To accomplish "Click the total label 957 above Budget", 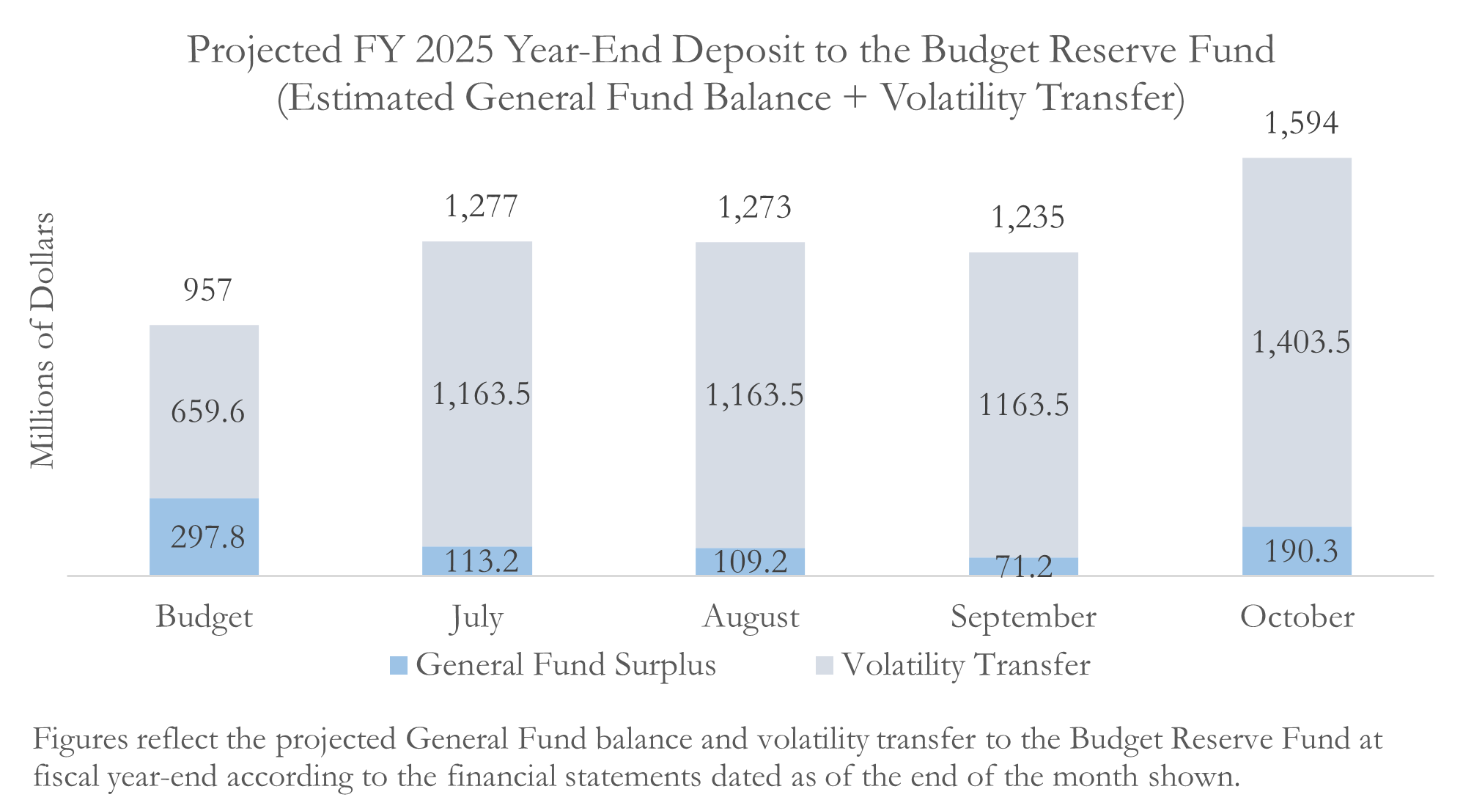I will tap(207, 290).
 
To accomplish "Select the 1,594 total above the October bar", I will tap(1301, 123).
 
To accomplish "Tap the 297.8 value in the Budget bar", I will tap(207, 537).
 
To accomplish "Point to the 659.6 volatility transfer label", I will tap(207, 411).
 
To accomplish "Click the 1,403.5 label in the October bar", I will tap(1300, 342).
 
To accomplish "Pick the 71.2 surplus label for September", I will tap(1023, 566).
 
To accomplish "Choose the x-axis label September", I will tap(1023, 617).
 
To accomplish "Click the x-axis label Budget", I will tap(204, 617).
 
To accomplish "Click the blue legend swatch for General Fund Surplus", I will tap(398, 665).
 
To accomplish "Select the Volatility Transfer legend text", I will tap(965, 665).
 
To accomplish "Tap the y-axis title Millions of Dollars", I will tap(43, 340).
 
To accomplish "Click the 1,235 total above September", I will tap(1028, 218).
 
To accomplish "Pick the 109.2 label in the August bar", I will tap(750, 562).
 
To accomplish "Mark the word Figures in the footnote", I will tap(80, 739).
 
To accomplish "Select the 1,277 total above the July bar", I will tap(481, 207).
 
